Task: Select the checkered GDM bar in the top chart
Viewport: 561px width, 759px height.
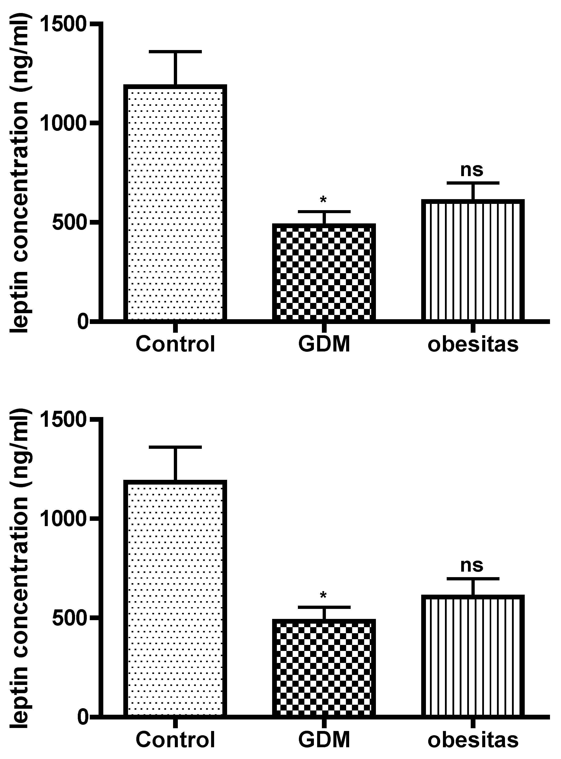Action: [x=324, y=272]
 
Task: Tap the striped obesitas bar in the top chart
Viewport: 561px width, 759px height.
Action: [x=473, y=260]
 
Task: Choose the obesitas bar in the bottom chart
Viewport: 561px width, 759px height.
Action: [x=473, y=655]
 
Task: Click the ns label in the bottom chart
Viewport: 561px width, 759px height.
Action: [x=472, y=565]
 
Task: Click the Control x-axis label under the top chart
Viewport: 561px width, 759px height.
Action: [x=175, y=344]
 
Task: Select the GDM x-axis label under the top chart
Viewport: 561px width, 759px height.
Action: [x=324, y=344]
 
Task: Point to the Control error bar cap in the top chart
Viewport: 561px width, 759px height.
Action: [x=175, y=52]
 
